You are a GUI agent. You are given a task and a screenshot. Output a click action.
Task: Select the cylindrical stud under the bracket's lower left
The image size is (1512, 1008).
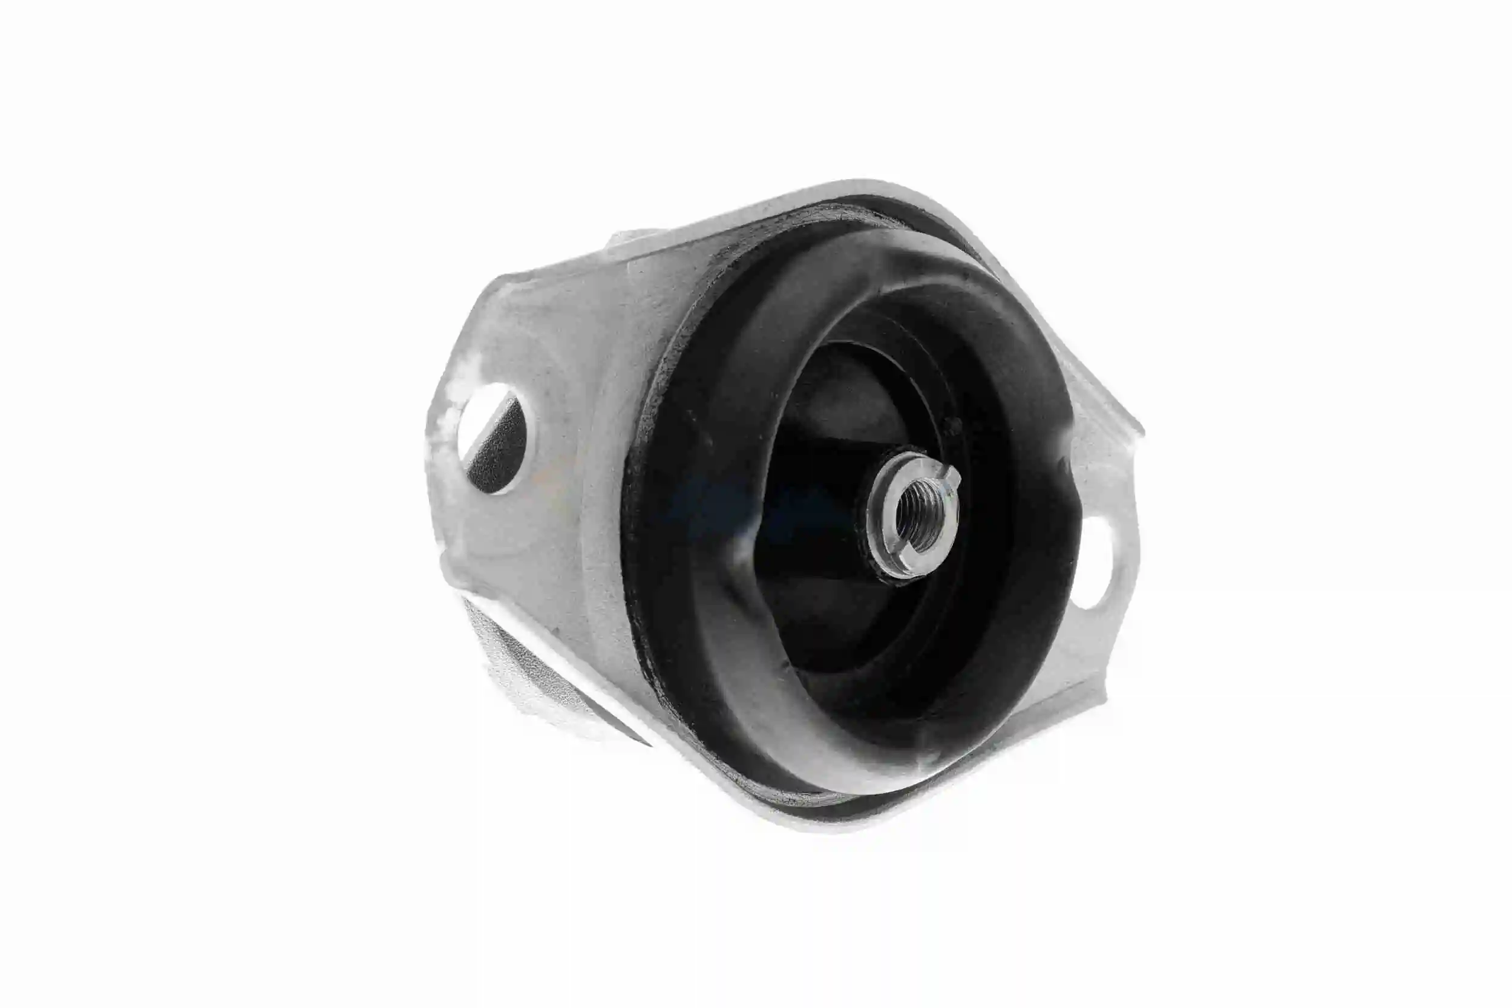(x=527, y=675)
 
